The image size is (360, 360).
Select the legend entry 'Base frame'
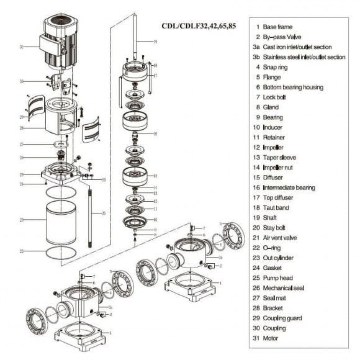coord(276,27)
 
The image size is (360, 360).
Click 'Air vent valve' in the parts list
coord(283,238)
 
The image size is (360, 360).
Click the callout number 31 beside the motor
coord(21,47)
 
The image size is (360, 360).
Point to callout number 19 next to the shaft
coord(155,42)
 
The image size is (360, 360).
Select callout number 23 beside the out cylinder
coord(21,220)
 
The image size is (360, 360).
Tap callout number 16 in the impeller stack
coord(155,133)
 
